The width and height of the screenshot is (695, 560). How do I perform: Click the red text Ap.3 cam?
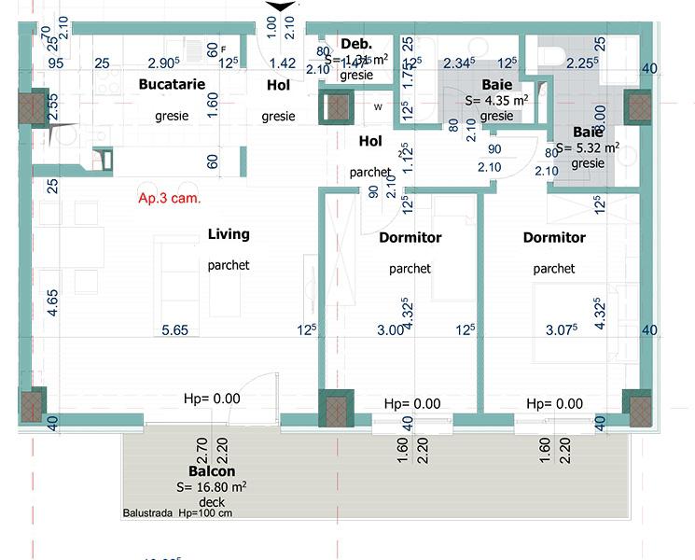(x=170, y=199)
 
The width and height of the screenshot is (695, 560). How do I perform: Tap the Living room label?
(x=229, y=234)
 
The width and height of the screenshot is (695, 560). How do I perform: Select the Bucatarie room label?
(x=172, y=84)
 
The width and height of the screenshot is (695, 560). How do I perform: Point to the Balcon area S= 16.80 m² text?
(x=211, y=486)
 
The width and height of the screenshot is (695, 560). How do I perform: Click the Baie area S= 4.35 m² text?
(x=498, y=100)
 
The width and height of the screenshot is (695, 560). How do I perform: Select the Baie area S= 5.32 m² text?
(x=588, y=147)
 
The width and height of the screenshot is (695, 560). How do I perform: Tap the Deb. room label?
(x=356, y=44)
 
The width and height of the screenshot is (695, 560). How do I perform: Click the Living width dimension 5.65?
(x=174, y=329)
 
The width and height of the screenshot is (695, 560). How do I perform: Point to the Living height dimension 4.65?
(x=53, y=304)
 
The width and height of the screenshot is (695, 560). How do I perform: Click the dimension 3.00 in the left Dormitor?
(x=390, y=329)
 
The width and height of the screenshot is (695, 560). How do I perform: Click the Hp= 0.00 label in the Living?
(x=212, y=399)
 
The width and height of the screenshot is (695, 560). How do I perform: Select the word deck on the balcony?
(x=212, y=503)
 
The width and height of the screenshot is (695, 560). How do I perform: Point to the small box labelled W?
(x=378, y=106)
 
